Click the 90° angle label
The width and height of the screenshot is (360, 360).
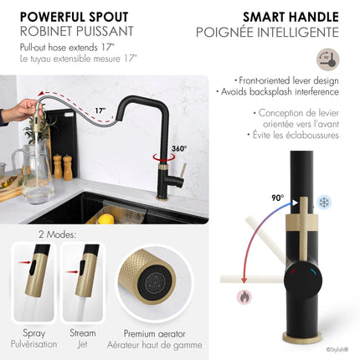[x=276, y=198]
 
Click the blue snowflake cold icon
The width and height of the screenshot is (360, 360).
[x=325, y=202]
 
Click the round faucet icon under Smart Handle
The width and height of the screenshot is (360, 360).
[x=327, y=60]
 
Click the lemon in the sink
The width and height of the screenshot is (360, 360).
[x=106, y=219]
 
